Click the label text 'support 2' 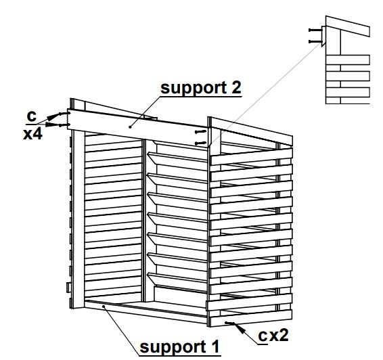(x=201, y=88)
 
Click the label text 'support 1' (x=179, y=346)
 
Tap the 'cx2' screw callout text (x=273, y=335)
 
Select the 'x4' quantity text (x=32, y=134)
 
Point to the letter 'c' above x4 (x=32, y=116)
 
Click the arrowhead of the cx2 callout (x=240, y=329)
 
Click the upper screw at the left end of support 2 (x=64, y=114)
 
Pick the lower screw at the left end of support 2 (x=64, y=125)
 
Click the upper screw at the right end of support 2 (x=200, y=132)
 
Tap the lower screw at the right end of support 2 (x=200, y=143)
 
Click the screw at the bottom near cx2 (x=229, y=323)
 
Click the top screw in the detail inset (x=315, y=30)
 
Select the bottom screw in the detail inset (x=315, y=42)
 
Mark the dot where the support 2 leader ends (x=130, y=127)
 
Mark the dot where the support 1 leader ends (x=104, y=306)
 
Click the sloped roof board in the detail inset (x=348, y=26)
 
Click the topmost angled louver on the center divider (x=177, y=160)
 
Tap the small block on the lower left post (x=69, y=287)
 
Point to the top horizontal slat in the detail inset (x=348, y=60)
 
